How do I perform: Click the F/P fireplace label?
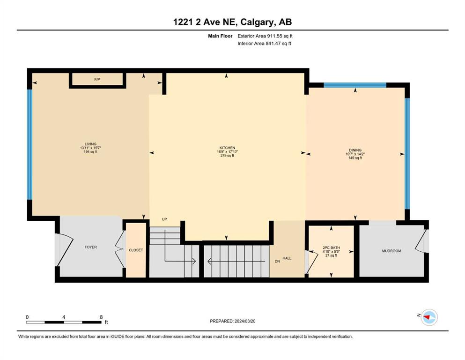[97, 80]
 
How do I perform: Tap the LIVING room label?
[90, 144]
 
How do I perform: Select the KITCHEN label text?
[227, 148]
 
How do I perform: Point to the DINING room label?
[355, 150]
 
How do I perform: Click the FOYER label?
[91, 247]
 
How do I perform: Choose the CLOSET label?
[136, 250]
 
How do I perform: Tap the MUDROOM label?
[391, 251]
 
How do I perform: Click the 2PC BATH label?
[331, 247]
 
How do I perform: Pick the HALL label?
[287, 258]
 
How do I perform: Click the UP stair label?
[164, 219]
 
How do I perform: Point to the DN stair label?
[277, 262]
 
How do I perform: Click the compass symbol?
[429, 317]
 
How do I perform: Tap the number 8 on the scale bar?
[101, 317]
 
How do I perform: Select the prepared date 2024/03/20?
[245, 321]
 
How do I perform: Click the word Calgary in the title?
[257, 22]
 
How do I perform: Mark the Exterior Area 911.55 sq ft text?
[265, 36]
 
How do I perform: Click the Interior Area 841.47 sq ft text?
[264, 43]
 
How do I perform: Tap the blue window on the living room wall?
[30, 144]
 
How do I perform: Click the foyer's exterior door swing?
[64, 249]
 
